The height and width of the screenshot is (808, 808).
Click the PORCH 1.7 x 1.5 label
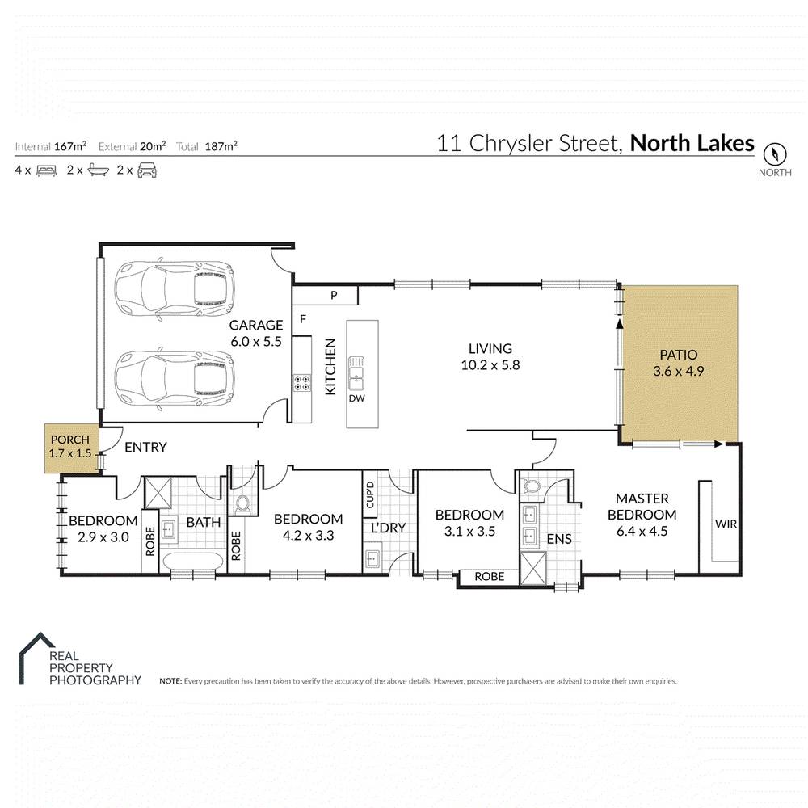[x=69, y=446]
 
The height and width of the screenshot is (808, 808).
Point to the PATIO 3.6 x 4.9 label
[x=678, y=362]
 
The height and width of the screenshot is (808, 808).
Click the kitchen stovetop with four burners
[x=302, y=383]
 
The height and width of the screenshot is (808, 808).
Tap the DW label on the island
[x=356, y=398]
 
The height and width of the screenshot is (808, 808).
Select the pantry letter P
[x=333, y=297]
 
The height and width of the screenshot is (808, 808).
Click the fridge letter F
[x=303, y=318]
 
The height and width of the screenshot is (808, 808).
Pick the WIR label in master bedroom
[x=725, y=524]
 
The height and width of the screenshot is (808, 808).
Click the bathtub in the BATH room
[x=193, y=562]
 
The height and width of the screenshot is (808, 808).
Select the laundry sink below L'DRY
[x=372, y=558]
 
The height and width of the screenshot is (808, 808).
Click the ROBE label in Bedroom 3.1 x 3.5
[x=489, y=577]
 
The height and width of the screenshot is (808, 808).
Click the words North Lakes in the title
[x=692, y=144]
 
